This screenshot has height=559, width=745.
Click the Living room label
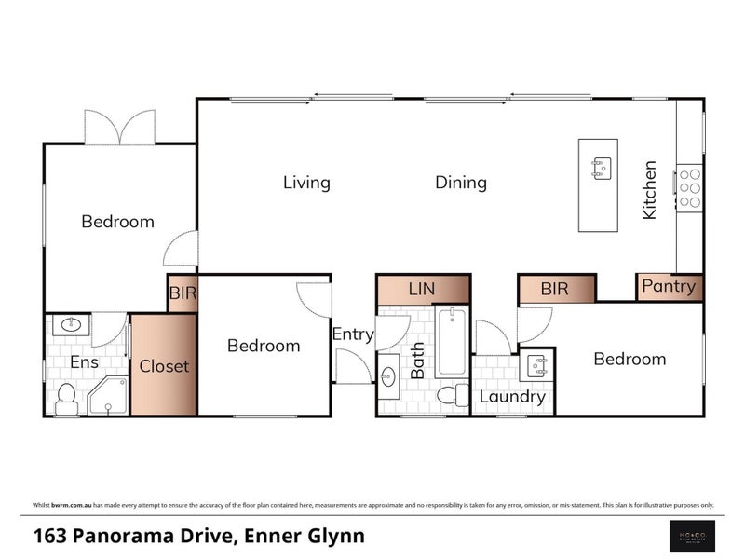click(x=306, y=183)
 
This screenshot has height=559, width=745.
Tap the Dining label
click(x=461, y=183)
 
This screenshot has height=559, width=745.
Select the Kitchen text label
click(x=650, y=190)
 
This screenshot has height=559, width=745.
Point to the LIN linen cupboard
click(x=423, y=290)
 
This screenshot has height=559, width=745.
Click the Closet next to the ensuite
click(x=164, y=365)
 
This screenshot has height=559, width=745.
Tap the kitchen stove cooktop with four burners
click(x=689, y=186)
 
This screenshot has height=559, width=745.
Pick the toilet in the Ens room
click(x=67, y=399)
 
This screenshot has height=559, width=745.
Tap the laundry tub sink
click(x=536, y=364)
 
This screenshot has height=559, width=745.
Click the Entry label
click(x=353, y=334)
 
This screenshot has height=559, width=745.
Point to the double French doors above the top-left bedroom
click(x=119, y=128)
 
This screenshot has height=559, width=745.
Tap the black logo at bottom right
click(x=694, y=536)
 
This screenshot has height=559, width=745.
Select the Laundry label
click(x=512, y=397)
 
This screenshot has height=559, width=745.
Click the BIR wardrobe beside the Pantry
click(x=555, y=290)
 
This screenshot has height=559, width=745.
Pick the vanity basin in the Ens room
click(x=71, y=326)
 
